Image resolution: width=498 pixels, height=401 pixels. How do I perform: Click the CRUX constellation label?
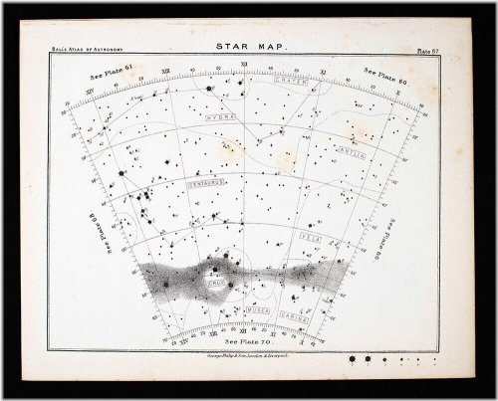tap(216, 283)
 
